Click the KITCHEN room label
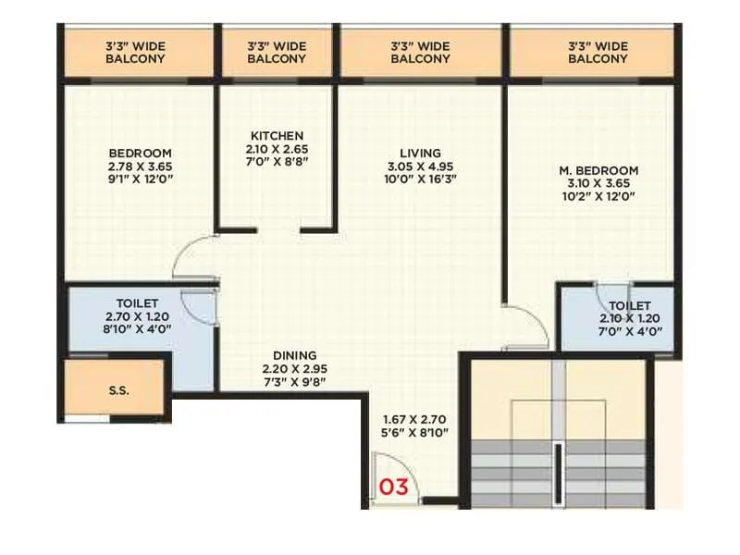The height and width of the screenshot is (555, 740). (277, 136)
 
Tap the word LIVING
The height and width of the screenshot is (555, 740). (420, 153)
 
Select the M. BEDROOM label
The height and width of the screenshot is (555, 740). (599, 171)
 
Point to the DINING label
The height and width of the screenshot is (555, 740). (295, 355)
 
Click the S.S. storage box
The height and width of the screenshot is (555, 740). (117, 390)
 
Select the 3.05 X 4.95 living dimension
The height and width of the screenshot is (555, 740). (421, 166)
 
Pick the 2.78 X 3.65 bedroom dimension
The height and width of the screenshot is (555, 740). (140, 166)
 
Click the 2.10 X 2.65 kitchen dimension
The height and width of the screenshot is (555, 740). (277, 149)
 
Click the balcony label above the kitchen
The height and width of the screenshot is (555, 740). (277, 52)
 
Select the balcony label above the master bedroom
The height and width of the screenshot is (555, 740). (598, 52)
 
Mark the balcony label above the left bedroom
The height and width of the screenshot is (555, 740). (135, 52)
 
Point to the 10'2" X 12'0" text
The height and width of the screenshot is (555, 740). (599, 197)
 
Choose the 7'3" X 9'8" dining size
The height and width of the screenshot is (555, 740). (295, 381)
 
